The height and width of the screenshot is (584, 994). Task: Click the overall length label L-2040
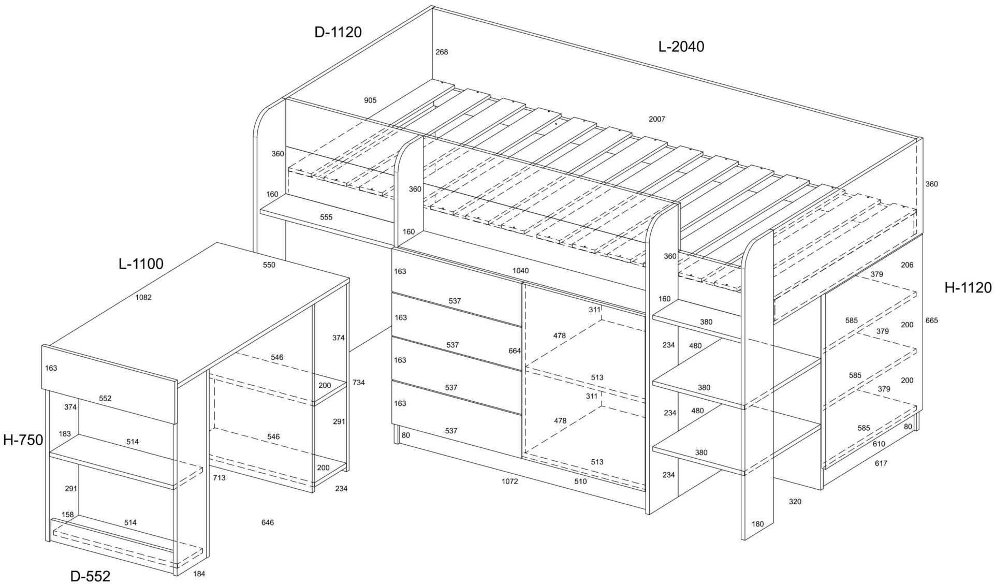pos(681,47)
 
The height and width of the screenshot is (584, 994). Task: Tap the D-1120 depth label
pos(338,32)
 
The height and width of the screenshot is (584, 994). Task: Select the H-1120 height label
pos(968,288)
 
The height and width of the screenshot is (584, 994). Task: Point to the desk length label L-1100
pos(141,264)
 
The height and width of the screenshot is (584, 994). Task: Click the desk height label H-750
pos(23,440)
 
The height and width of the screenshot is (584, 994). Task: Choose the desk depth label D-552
pos(91,576)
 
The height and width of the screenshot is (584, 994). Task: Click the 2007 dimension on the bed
pos(657,119)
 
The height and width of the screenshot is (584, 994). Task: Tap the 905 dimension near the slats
pos(370,100)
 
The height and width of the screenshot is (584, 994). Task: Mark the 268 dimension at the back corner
pos(442,52)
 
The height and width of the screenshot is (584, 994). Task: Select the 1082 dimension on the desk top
pos(143,297)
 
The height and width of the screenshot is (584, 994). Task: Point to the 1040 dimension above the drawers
pos(520,270)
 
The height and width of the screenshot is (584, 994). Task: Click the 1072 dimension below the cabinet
pos(509,481)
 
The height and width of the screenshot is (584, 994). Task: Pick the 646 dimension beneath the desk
pos(268,522)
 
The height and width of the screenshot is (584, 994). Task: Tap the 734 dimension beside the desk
pos(358,383)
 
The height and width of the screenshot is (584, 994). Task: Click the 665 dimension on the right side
pos(931,320)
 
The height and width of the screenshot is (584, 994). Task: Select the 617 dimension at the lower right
pos(881,463)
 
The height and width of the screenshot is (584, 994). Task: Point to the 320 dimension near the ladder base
pos(795,502)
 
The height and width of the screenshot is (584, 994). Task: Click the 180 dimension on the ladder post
pos(757,524)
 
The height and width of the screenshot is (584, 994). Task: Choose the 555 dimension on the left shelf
pos(326,217)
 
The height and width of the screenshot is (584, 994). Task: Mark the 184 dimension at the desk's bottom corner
pos(199,573)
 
